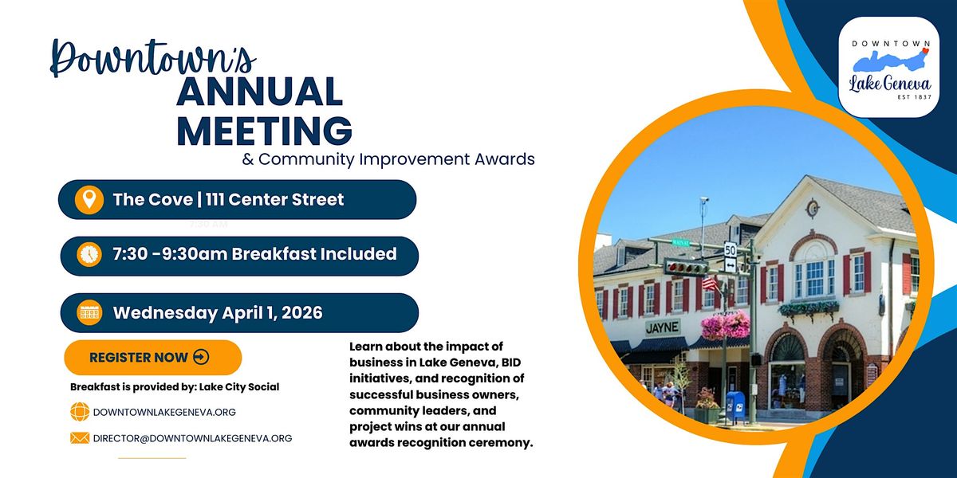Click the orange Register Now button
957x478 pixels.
tap(153, 357)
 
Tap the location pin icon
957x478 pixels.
tap(89, 199)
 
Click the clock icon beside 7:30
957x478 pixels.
tap(89, 255)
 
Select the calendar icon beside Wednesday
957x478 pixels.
tap(89, 313)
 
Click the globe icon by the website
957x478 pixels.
tap(80, 412)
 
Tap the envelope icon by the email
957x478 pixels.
tap(80, 438)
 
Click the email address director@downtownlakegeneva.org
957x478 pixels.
tap(193, 438)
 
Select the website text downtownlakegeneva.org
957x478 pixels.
tap(164, 413)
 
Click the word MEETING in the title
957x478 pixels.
tap(265, 130)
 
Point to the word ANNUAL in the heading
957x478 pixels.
tap(260, 92)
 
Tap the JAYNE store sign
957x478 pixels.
tap(662, 327)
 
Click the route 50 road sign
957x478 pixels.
tap(731, 249)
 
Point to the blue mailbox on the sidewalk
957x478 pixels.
tap(735, 406)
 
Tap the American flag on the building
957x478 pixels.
tap(710, 284)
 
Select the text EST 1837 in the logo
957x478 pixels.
tap(914, 97)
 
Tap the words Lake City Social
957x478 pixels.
tap(239, 387)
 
